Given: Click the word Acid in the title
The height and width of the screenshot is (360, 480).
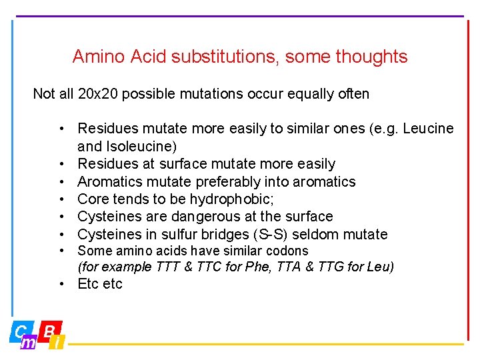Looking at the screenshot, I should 149,57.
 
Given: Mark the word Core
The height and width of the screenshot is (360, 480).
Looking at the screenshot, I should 92,199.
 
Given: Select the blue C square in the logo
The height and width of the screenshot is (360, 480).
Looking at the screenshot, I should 20,331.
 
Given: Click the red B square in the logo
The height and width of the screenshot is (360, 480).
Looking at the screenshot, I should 49,331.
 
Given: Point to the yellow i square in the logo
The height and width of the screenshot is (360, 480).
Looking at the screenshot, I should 58,343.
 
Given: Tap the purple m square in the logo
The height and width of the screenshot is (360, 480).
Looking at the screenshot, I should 28,343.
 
